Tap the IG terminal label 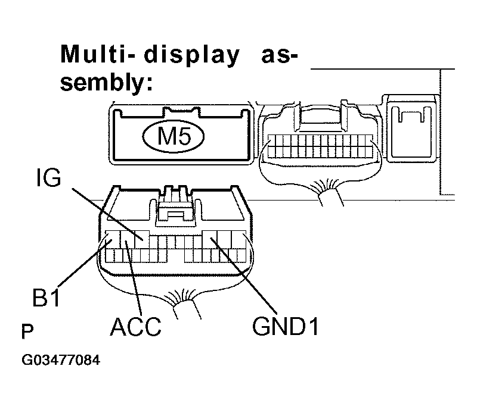48,179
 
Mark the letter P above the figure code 27,331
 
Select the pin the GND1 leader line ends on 212,240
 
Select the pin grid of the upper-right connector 320,146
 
